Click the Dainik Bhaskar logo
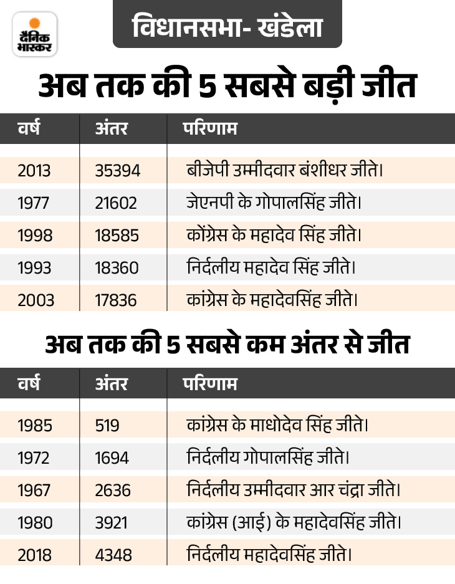(34, 34)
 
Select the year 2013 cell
(35, 170)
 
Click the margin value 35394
(118, 170)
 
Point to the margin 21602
(117, 203)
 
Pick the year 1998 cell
(35, 235)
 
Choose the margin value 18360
(117, 267)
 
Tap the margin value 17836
(116, 300)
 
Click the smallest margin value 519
(107, 426)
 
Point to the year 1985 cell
(35, 426)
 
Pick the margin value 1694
(112, 458)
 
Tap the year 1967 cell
(35, 491)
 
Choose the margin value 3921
(113, 523)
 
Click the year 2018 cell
(36, 554)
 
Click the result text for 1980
(294, 523)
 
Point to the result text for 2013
(284, 170)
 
